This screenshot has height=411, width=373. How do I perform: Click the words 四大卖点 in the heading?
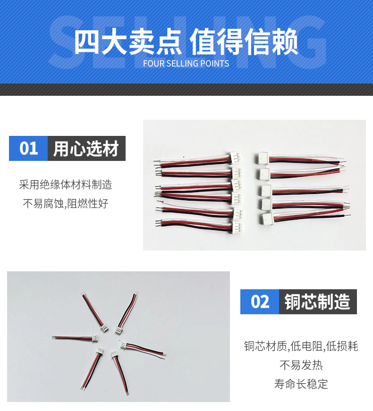128,42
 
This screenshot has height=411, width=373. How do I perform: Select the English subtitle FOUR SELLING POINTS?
186,64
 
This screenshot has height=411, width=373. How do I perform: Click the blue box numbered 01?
28,149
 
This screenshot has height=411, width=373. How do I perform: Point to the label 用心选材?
86,149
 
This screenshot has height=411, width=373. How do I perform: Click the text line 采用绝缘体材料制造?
66,185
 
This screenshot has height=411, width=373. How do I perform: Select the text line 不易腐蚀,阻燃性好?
66,204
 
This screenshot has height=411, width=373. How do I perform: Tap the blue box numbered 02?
260,302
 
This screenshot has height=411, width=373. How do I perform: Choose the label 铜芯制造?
317,302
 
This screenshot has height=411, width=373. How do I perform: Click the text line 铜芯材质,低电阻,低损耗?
301,346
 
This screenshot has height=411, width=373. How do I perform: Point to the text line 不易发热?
301,365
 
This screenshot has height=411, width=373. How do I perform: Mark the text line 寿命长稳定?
301,384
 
